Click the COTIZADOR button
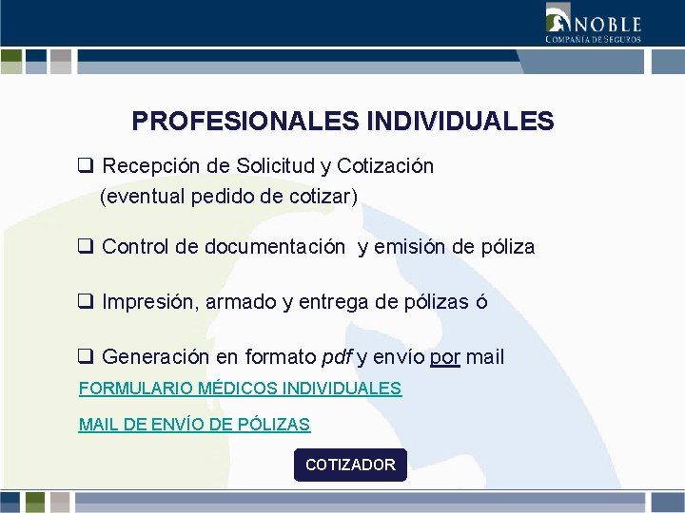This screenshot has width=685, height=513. pos(350,465)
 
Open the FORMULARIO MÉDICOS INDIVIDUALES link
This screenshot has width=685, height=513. pos(240,389)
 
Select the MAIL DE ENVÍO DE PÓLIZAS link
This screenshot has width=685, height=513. pos(194,425)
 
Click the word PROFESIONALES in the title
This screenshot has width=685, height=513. pos(245,122)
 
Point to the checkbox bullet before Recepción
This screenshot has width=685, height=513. pos(85,166)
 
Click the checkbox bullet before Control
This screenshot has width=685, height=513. pos(85,247)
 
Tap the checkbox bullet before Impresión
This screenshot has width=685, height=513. pos(85,302)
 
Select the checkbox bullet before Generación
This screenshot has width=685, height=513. pos(85,357)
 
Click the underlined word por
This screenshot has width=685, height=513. pos(445,358)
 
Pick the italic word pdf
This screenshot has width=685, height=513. pos(338,358)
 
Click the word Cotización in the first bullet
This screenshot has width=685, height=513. pos(385,166)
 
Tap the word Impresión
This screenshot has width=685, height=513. pos(145,302)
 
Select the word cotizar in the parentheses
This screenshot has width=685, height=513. pos(323,197)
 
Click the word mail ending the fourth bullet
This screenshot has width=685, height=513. pos(485,357)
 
